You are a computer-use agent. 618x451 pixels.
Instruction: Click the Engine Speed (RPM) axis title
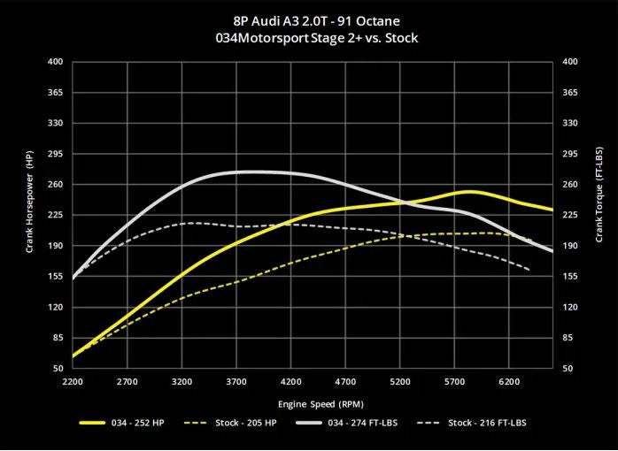point(313,402)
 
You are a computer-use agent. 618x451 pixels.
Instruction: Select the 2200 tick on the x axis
point(73,382)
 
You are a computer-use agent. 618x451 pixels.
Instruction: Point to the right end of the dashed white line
point(529,269)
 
